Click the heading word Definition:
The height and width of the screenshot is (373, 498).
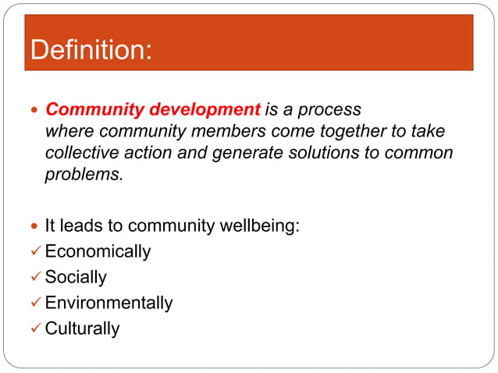tap(91, 51)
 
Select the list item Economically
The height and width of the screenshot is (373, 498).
tap(98, 252)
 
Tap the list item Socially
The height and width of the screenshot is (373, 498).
tap(76, 277)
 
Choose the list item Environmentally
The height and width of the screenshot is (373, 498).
tap(108, 303)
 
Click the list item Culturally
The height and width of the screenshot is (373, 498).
tap(82, 329)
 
